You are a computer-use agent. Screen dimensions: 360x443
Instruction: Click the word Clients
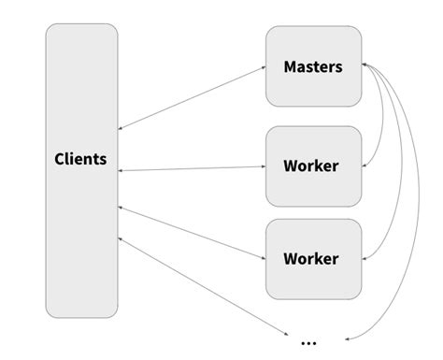click(x=79, y=159)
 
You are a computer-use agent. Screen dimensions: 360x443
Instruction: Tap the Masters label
click(x=312, y=67)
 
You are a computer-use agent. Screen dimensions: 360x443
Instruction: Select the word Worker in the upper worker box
click(x=310, y=166)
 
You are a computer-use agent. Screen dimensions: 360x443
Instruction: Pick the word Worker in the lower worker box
click(x=310, y=258)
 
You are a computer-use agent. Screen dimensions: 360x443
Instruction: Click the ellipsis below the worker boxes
click(x=308, y=341)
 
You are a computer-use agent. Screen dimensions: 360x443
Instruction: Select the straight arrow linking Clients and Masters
click(x=192, y=98)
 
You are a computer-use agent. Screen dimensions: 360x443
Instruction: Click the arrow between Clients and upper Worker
click(x=192, y=169)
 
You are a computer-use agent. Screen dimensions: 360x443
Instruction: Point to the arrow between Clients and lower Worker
click(x=192, y=231)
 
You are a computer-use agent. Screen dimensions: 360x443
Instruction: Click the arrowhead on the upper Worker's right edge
click(x=364, y=167)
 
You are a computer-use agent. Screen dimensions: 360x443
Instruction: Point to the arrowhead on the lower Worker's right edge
click(x=364, y=259)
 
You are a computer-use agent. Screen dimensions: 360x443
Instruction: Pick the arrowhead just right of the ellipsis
click(x=348, y=338)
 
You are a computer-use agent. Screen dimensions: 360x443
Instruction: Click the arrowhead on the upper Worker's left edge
click(x=263, y=168)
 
